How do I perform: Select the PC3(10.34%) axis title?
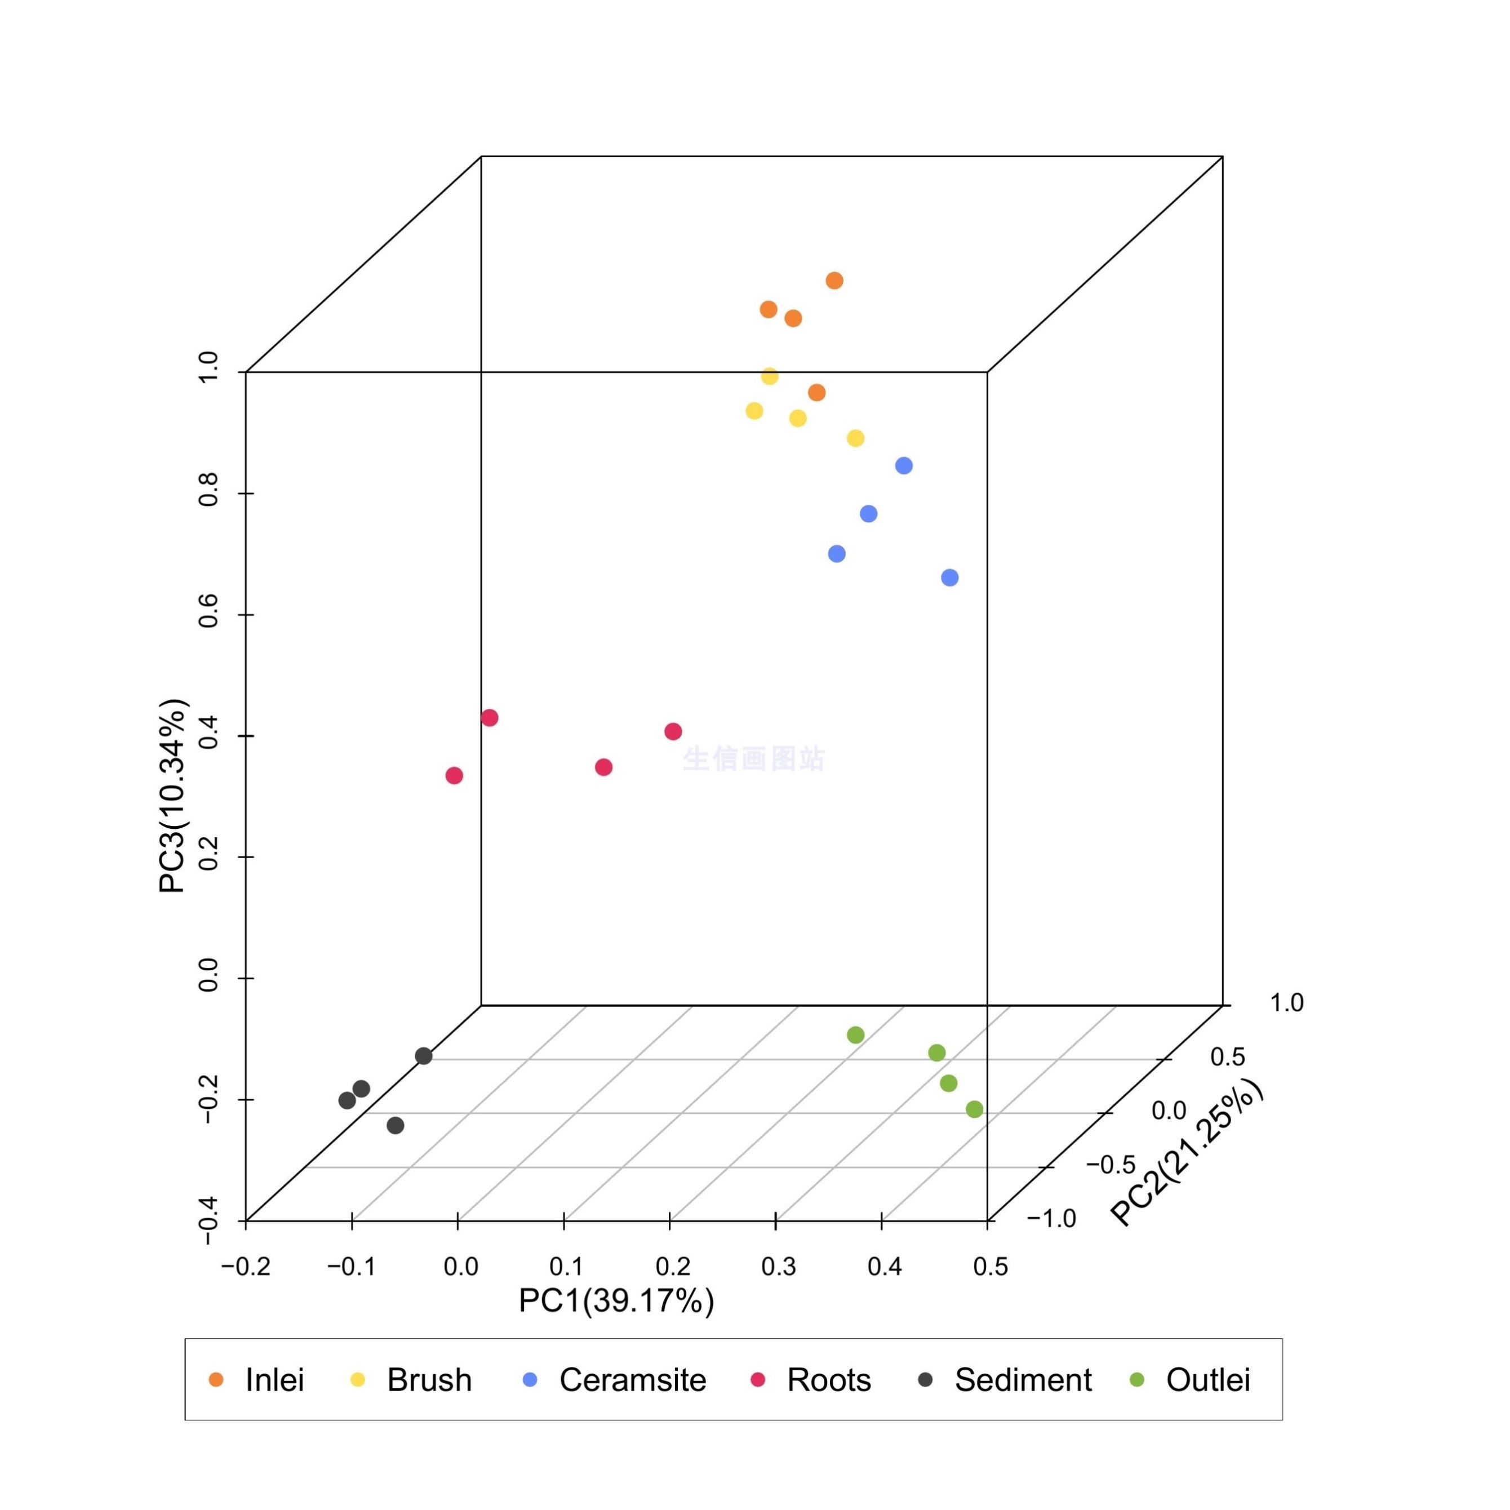coord(173,796)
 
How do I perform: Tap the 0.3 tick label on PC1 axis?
coord(779,1266)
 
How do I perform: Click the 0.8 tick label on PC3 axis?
coord(208,493)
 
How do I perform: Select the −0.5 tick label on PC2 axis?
coord(1111,1165)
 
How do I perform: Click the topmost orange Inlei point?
coord(834,281)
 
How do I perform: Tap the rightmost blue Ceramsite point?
coord(949,578)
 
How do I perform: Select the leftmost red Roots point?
coord(454,775)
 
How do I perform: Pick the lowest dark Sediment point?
coord(396,1126)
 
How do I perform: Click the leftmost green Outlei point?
coord(856,1035)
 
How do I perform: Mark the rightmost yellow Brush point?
coord(856,438)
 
